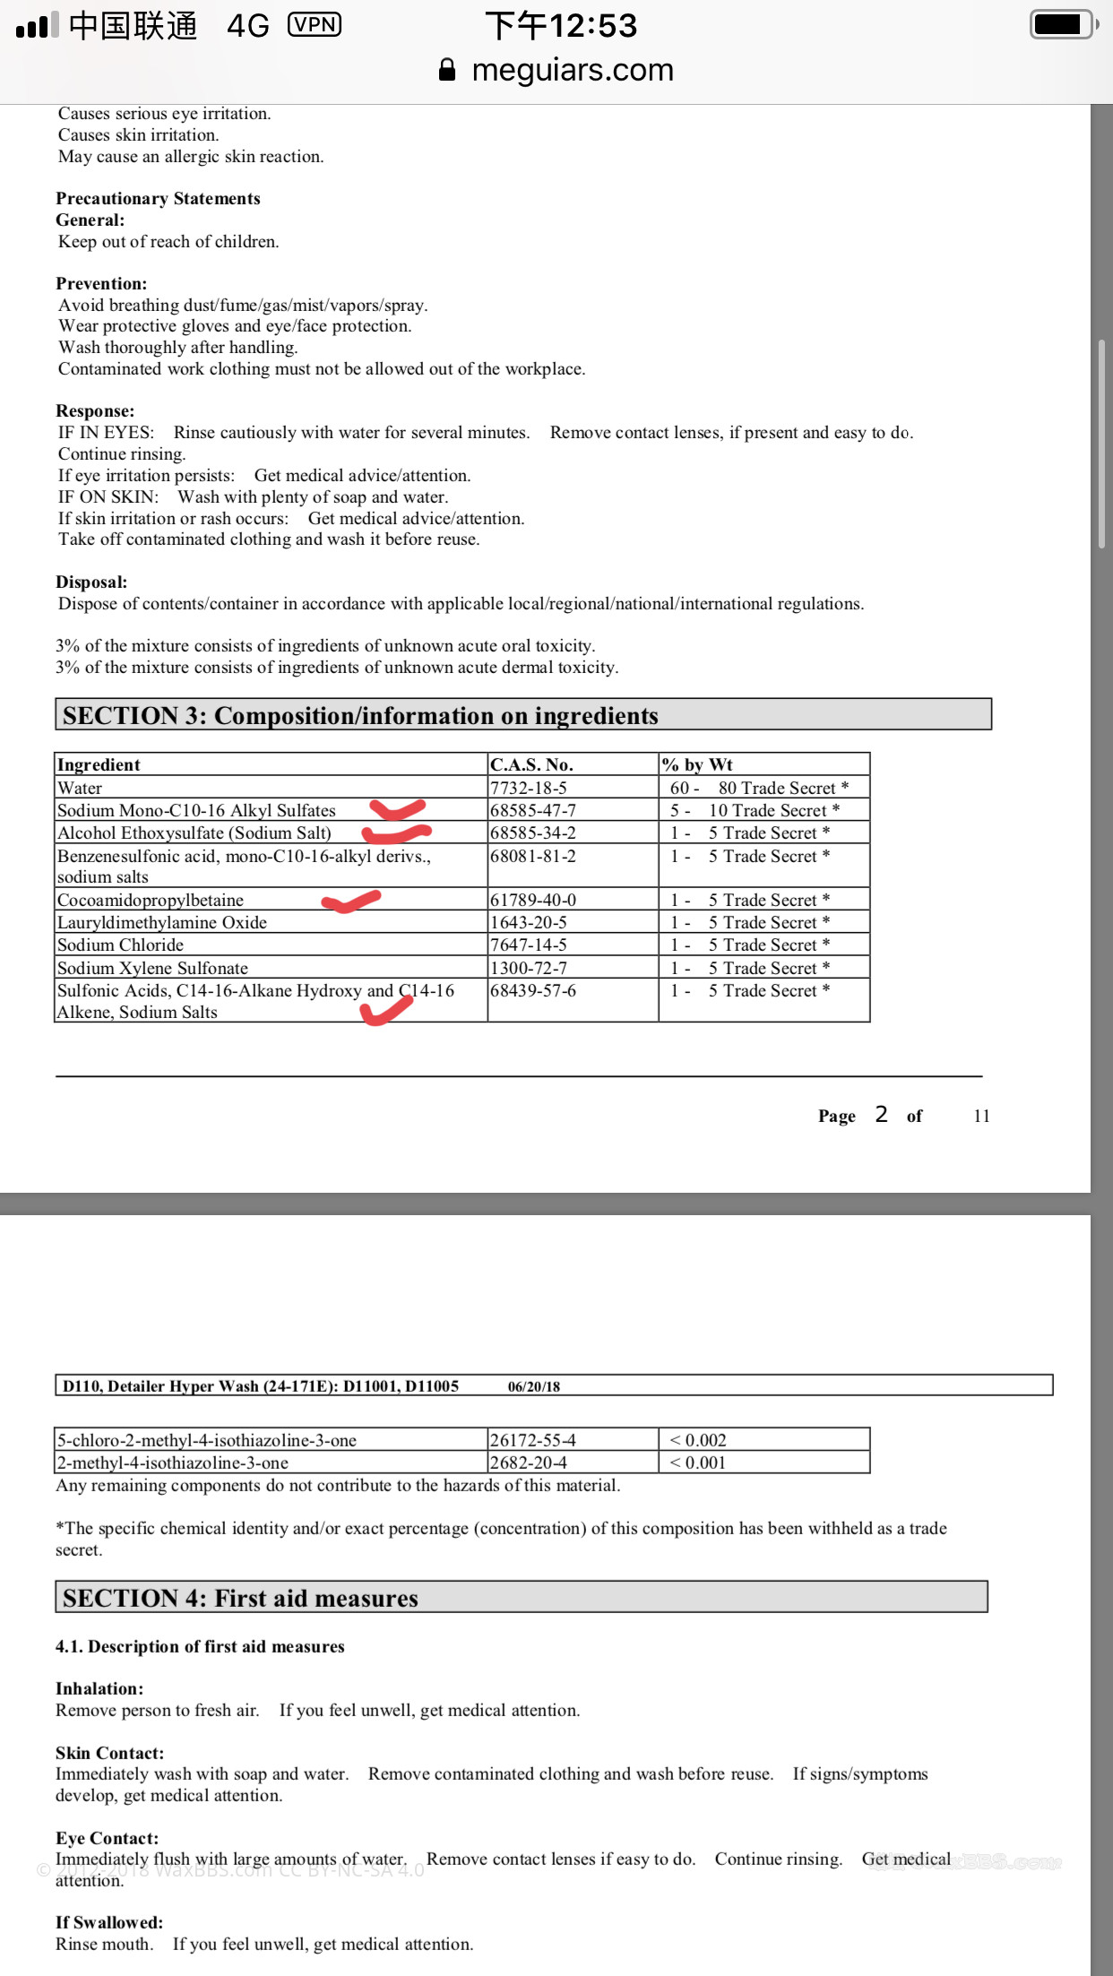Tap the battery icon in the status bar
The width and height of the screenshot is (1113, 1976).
pos(1063,24)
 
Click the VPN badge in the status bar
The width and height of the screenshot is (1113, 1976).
pos(314,24)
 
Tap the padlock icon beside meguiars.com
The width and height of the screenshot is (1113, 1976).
pos(447,70)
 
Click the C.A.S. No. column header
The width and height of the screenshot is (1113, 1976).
pos(531,764)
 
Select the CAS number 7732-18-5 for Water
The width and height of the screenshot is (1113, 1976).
pos(528,788)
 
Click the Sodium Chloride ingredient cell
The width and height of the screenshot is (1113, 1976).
pos(120,945)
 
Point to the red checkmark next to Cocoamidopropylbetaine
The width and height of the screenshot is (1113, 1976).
pos(351,901)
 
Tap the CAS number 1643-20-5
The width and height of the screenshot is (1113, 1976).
pos(528,922)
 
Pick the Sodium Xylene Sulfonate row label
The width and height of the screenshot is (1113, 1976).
pos(152,968)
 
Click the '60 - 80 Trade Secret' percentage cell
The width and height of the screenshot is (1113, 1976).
pos(758,788)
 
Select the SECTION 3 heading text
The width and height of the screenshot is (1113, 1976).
pos(360,715)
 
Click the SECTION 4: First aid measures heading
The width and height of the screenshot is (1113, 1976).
pos(240,1598)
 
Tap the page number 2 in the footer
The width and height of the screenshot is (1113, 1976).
pos(881,1114)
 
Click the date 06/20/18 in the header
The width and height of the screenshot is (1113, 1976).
pos(533,1386)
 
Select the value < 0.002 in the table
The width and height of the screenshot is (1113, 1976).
pos(698,1440)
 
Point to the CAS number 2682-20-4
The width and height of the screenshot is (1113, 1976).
pos(528,1463)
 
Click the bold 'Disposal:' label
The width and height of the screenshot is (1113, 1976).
pos(91,582)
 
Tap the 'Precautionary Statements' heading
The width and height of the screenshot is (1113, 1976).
pos(158,198)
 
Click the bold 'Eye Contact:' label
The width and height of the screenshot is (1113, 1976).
pos(107,1838)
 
